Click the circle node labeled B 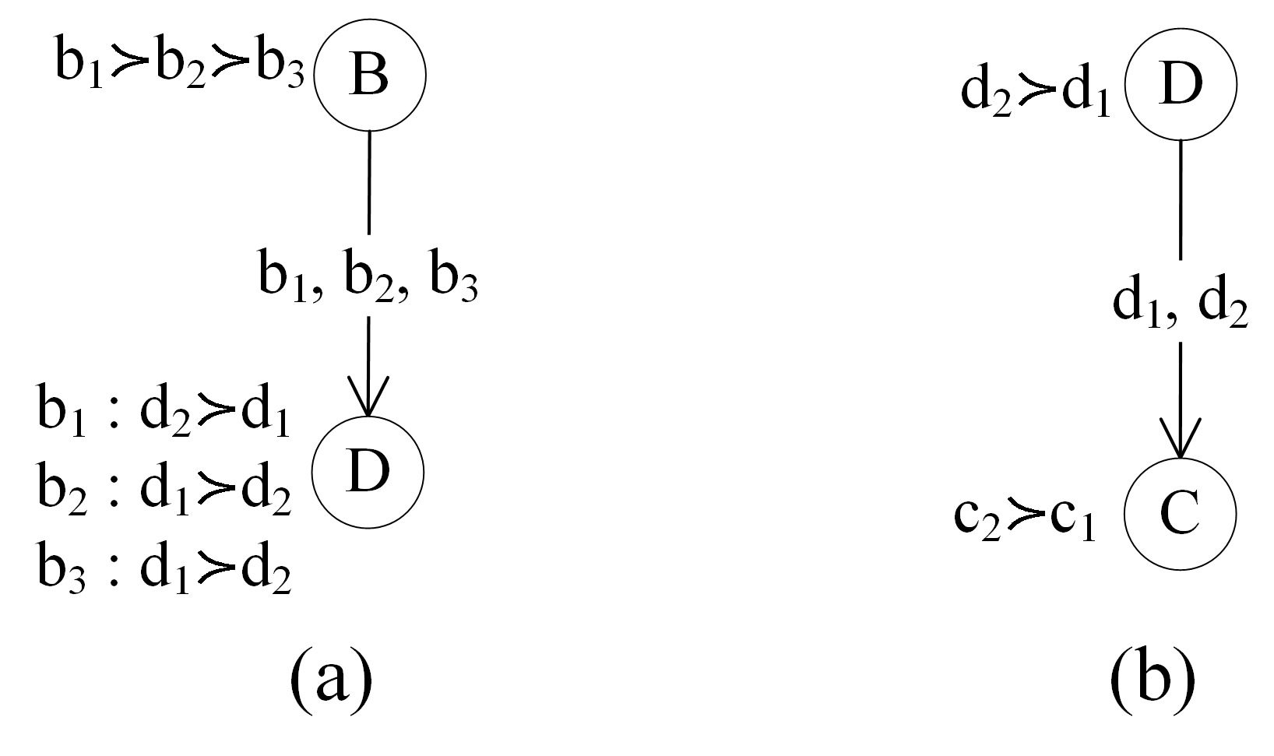pos(369,76)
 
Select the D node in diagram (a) pos(368,472)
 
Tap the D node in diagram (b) pos(1180,84)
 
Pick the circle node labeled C pos(1180,515)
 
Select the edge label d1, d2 pos(1180,305)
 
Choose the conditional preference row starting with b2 pos(164,492)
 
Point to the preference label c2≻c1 pos(1026,520)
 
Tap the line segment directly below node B pos(368,182)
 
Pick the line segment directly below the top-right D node pos(1181,199)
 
